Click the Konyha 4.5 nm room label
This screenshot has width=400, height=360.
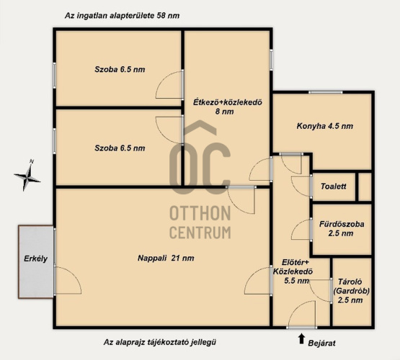(325, 126)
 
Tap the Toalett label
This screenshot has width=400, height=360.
(334, 186)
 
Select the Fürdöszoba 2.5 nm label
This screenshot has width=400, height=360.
(342, 228)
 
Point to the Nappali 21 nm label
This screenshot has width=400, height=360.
(166, 258)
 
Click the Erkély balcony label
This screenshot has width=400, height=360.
(35, 259)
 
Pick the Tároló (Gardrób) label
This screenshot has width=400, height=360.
(350, 291)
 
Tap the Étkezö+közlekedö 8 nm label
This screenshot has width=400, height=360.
(228, 107)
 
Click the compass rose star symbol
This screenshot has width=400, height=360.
(27, 176)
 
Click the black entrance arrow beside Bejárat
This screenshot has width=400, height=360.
(301, 338)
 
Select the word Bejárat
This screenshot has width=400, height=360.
(321, 343)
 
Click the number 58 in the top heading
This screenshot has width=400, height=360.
(161, 16)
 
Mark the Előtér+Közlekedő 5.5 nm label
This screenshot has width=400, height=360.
(293, 271)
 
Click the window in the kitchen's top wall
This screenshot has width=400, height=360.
(325, 92)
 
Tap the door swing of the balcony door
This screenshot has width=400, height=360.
(68, 280)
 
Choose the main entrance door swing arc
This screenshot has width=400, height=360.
(301, 314)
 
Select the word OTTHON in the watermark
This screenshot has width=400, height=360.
(200, 214)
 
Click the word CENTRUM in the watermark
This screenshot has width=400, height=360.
(200, 233)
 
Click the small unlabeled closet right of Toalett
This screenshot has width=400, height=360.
(365, 186)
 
